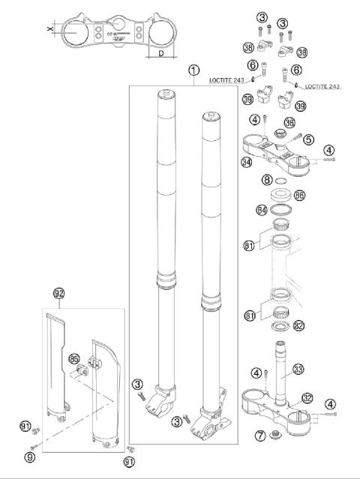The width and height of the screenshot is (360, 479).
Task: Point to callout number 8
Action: point(266,180)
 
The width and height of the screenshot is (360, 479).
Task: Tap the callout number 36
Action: point(289,123)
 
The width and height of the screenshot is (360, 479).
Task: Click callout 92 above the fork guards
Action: point(59,292)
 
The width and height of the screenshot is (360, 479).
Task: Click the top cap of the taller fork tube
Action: point(166,93)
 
